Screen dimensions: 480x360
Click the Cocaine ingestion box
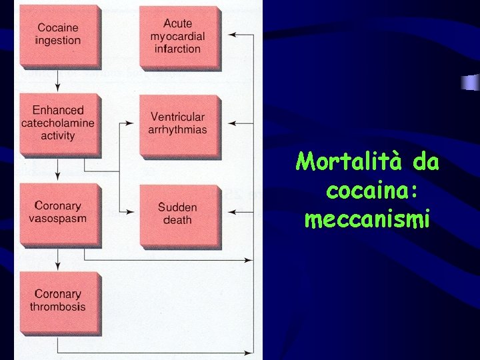click(x=58, y=35)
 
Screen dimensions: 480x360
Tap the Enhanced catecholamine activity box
click(x=58, y=123)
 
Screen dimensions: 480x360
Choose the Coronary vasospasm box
click(x=58, y=213)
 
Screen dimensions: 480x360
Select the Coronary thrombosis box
click(x=58, y=300)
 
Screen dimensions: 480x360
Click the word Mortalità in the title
click(x=344, y=162)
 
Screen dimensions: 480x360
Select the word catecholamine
click(x=58, y=123)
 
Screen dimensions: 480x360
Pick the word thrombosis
click(x=58, y=307)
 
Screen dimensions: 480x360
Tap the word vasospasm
click(x=58, y=219)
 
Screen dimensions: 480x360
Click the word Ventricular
click(x=177, y=117)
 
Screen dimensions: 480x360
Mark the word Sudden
click(x=177, y=207)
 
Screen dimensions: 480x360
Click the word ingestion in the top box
click(x=58, y=41)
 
